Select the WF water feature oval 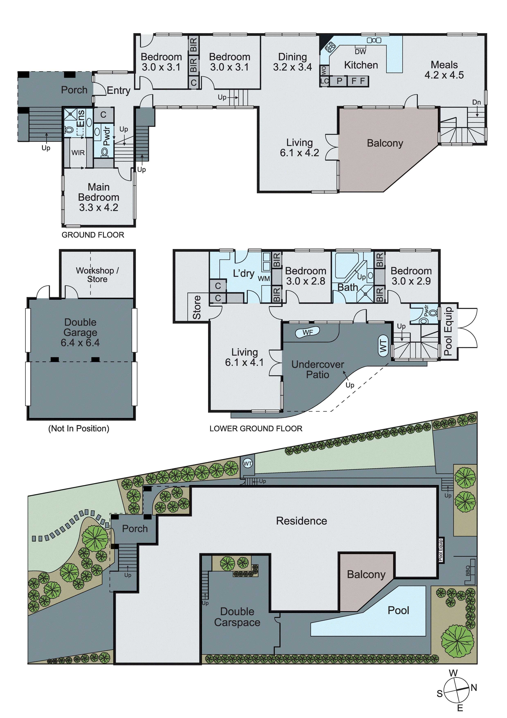pyautogui.click(x=308, y=332)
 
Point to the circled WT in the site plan pyautogui.click(x=248, y=464)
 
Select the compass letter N pyautogui.click(x=474, y=688)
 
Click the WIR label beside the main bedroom pyautogui.click(x=78, y=153)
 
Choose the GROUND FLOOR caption pyautogui.click(x=93, y=235)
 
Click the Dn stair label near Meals pyautogui.click(x=476, y=102)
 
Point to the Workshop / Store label pyautogui.click(x=97, y=275)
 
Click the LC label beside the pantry pyautogui.click(x=324, y=81)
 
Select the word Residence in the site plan pyautogui.click(x=301, y=521)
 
